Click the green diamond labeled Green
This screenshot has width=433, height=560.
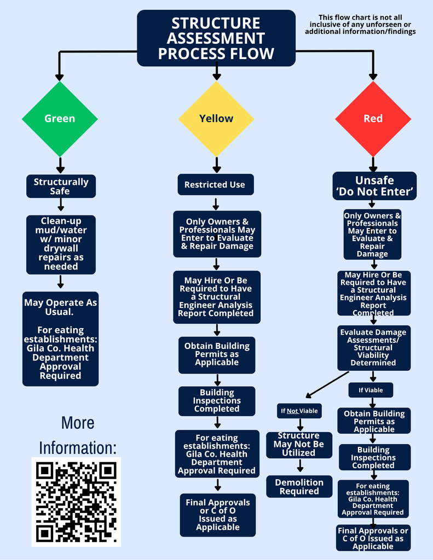(60, 119)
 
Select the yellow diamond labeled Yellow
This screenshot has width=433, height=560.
(216, 119)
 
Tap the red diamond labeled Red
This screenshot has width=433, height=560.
(373, 119)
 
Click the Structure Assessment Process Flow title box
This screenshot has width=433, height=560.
(216, 38)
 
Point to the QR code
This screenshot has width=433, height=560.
(76, 501)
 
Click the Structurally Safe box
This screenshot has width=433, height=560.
(61, 186)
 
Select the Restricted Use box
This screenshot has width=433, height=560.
(215, 185)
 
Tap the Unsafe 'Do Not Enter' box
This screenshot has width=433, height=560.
(374, 186)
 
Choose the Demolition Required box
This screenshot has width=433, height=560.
(299, 486)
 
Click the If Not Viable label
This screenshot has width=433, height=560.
(299, 411)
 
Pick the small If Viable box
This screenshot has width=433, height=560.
(371, 390)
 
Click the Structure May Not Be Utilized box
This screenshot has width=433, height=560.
(299, 445)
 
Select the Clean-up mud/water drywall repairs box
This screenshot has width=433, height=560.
(61, 244)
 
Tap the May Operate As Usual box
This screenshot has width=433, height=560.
(60, 339)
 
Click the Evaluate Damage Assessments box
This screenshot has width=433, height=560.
(373, 347)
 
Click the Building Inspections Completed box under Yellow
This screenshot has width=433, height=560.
(217, 401)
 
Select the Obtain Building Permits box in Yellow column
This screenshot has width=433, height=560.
(217, 354)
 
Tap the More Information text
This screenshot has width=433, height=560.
(77, 435)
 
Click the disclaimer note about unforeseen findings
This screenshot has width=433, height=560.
(360, 25)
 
